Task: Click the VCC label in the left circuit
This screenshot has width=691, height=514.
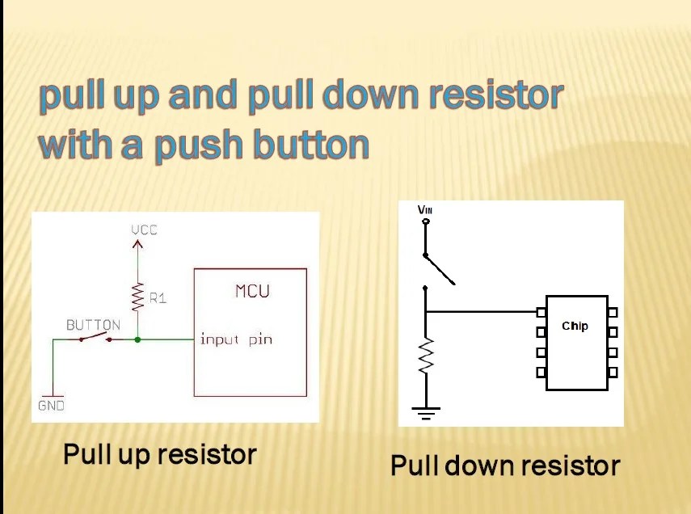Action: click(145, 230)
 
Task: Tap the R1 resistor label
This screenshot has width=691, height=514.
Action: click(158, 298)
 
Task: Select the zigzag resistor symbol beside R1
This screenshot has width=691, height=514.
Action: click(137, 297)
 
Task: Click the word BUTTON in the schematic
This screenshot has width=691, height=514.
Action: click(93, 325)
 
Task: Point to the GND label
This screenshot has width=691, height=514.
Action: click(51, 406)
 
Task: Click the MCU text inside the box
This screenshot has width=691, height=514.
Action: click(252, 291)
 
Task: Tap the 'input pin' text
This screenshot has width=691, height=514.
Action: click(236, 339)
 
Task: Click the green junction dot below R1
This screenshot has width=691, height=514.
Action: click(137, 340)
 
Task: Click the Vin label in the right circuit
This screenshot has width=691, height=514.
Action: click(425, 210)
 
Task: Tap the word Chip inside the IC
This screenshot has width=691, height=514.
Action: click(575, 327)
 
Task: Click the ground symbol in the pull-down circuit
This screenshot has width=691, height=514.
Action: click(426, 414)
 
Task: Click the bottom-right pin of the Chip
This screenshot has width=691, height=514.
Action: click(613, 373)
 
